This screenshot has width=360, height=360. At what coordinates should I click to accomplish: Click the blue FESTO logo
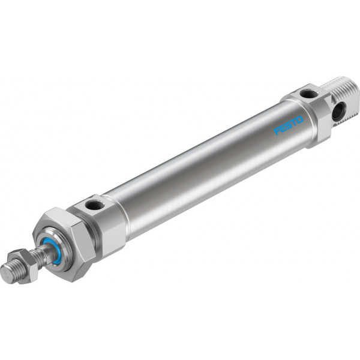coord(289,125)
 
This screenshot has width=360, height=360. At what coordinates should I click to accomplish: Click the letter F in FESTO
coord(277,131)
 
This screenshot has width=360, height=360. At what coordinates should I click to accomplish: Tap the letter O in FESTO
coord(299,120)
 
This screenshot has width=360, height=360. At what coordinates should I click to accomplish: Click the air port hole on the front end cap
coord(94,205)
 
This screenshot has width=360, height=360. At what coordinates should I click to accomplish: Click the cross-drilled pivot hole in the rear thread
coord(339,112)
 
